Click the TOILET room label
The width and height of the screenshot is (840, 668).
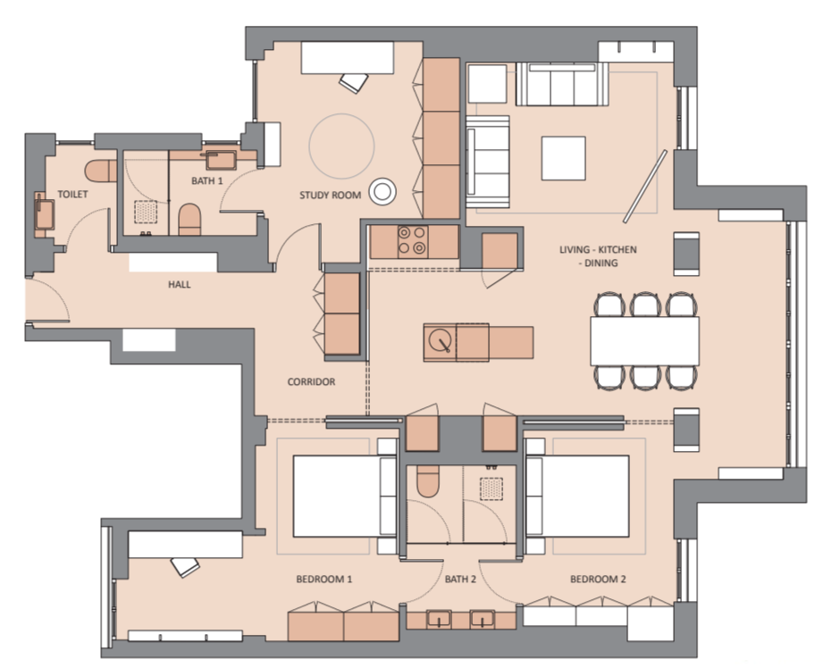click(x=72, y=194)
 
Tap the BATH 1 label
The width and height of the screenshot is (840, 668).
click(x=206, y=181)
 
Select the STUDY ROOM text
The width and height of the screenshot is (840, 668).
click(x=331, y=195)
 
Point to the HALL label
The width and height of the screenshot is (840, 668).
click(x=180, y=285)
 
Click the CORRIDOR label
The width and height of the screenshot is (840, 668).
click(x=311, y=382)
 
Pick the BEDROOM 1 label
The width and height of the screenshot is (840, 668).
click(x=324, y=580)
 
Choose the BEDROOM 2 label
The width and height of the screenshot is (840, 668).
click(x=598, y=580)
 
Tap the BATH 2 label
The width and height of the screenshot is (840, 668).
click(x=462, y=580)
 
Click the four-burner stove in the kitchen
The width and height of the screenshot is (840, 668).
click(x=412, y=240)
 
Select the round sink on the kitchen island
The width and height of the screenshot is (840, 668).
click(x=439, y=341)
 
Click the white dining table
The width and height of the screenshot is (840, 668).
click(x=643, y=340)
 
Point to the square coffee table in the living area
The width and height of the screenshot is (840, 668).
click(x=563, y=158)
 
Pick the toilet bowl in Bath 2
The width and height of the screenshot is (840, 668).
click(x=427, y=482)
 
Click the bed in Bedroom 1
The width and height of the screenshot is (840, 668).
click(x=336, y=497)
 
